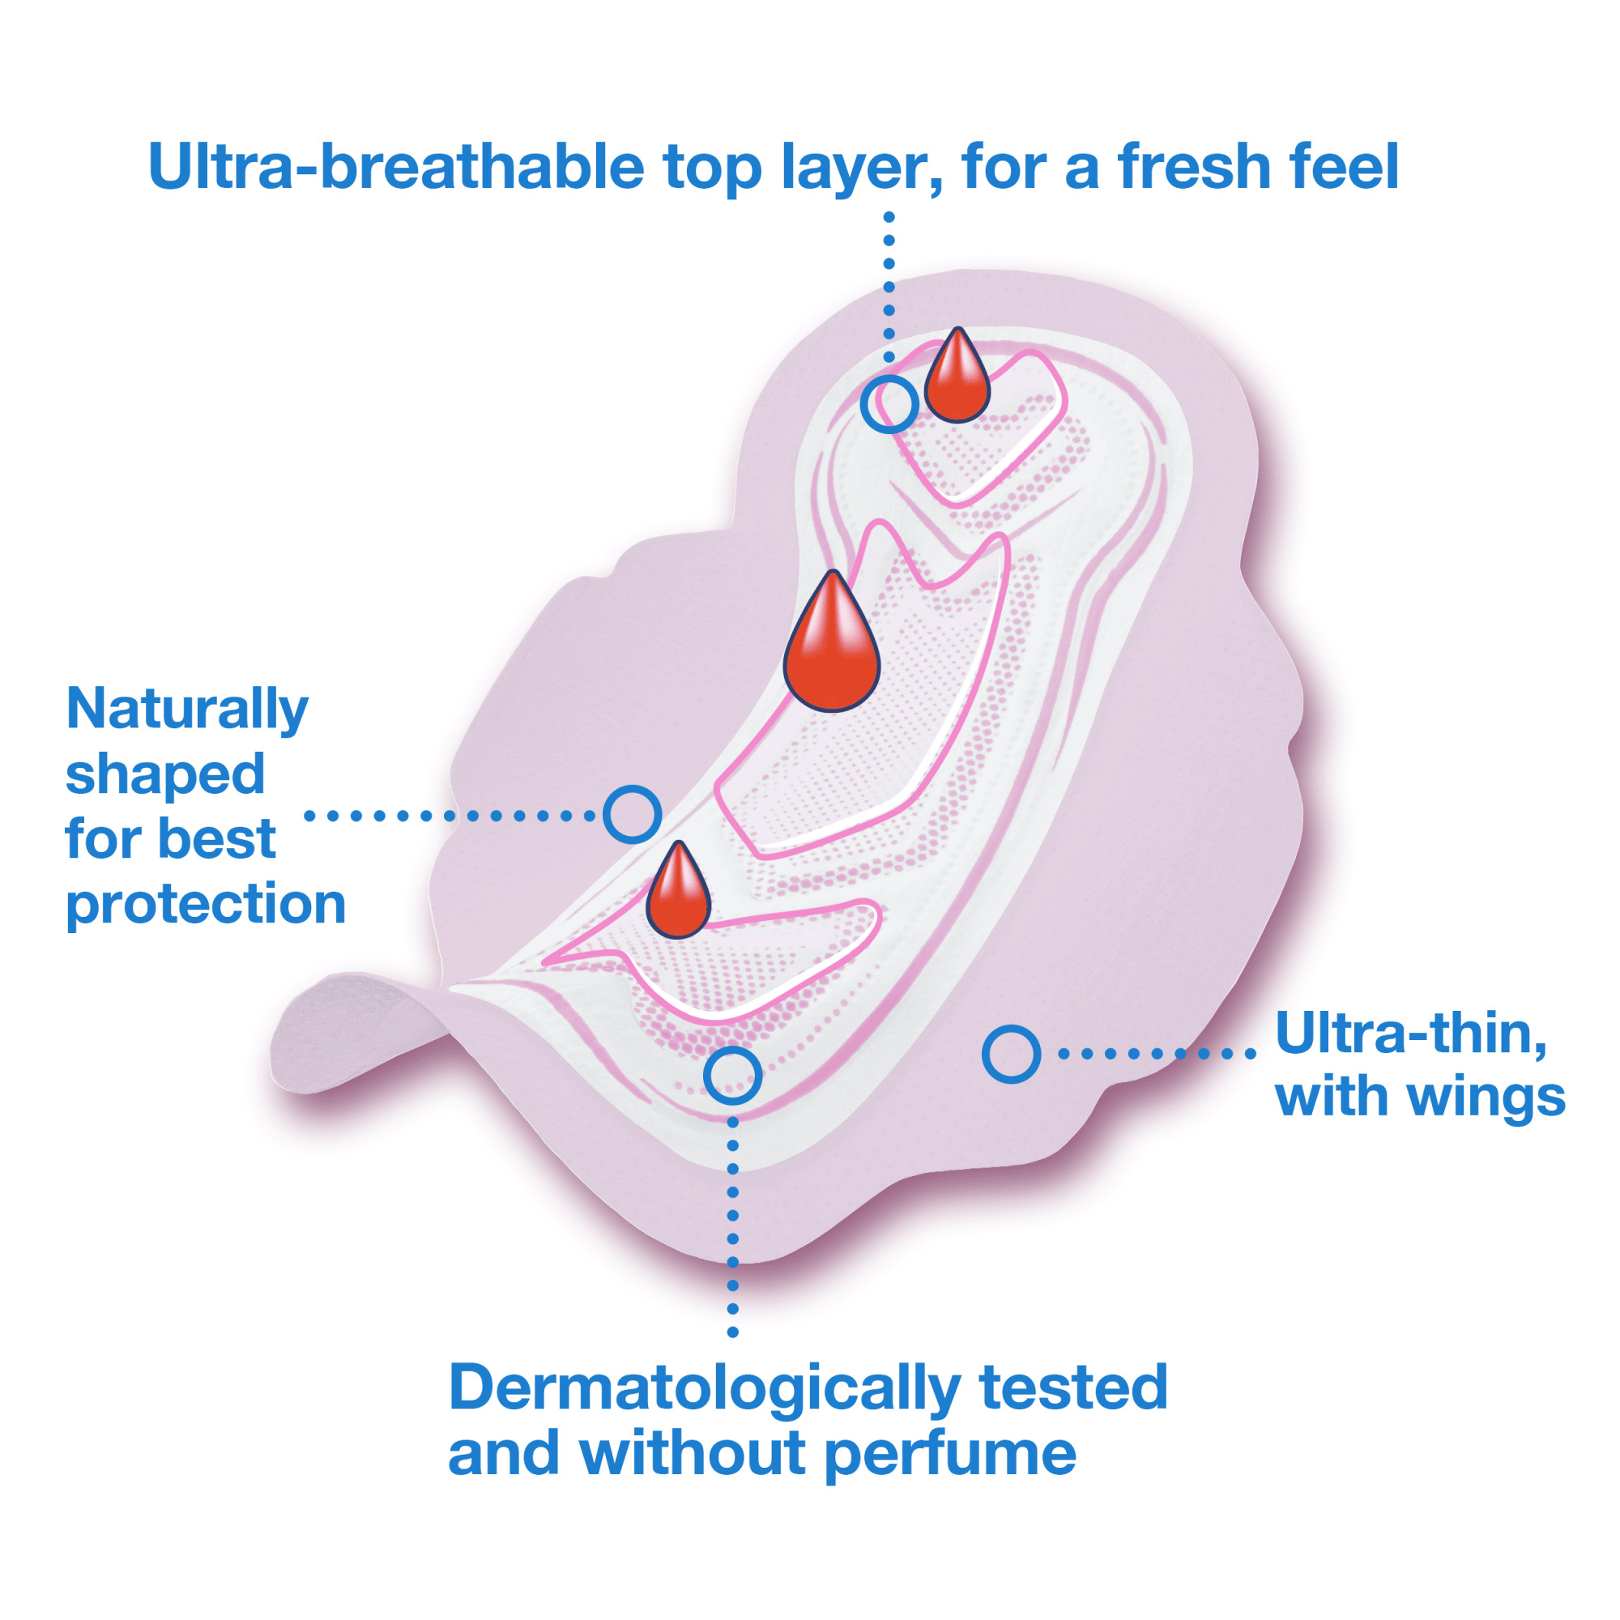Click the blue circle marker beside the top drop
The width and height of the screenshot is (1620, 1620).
(889, 404)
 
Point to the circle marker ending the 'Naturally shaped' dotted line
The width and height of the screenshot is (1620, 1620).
(633, 814)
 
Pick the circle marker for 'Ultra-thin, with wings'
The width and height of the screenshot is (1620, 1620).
(1010, 1053)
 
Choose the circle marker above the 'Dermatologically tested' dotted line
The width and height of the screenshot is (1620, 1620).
(732, 1075)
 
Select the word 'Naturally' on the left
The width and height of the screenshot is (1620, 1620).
(187, 710)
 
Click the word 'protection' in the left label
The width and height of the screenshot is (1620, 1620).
(206, 905)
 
